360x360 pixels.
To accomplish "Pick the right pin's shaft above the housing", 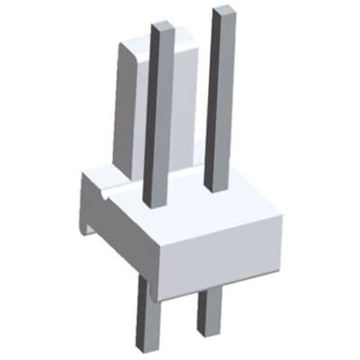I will coord(220,99).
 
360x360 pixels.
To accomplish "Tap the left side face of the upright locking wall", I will coord(127,108).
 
